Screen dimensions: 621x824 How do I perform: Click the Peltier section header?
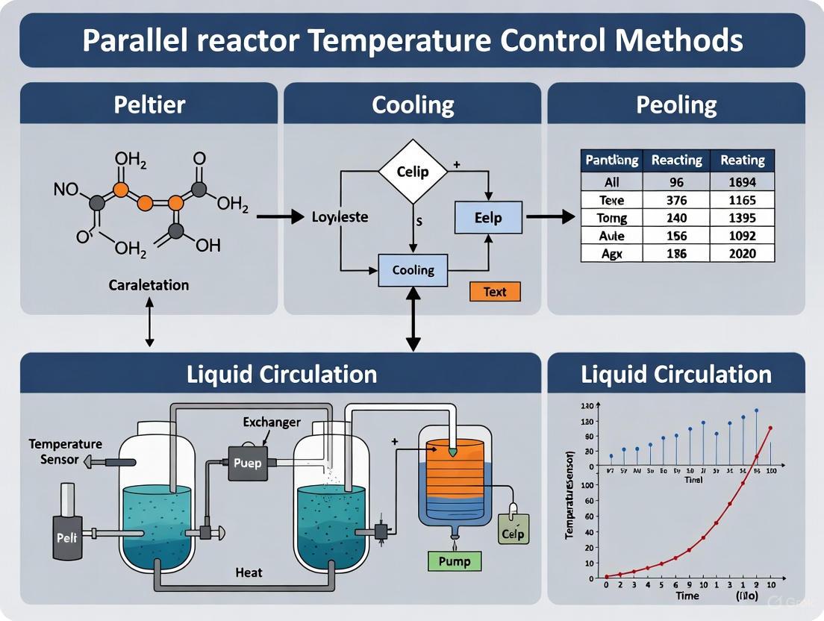(x=149, y=104)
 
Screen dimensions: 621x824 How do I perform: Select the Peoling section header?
(x=676, y=104)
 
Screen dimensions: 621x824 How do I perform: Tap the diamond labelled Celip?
(x=413, y=172)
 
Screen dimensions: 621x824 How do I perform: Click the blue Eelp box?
(x=488, y=218)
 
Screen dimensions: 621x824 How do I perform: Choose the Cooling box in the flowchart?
(x=413, y=270)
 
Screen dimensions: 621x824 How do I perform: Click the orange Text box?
(x=495, y=291)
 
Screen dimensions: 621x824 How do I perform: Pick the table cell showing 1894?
(x=742, y=182)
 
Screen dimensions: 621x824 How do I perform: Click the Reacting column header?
(x=676, y=160)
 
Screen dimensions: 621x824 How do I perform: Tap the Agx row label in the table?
(x=612, y=254)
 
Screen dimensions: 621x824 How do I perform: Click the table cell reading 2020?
(x=742, y=254)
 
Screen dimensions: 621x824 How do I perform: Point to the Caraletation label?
(x=149, y=285)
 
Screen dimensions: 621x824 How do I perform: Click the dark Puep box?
(x=247, y=463)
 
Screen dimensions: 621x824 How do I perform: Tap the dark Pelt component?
(x=67, y=536)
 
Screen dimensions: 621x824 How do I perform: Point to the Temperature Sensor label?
(x=54, y=452)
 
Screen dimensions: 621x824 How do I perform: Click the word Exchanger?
(x=272, y=422)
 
